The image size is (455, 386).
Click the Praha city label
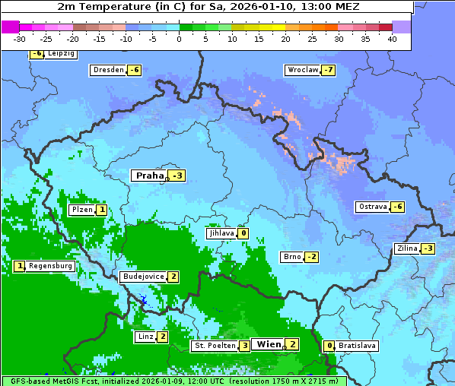point(149,176)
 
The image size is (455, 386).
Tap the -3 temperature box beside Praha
point(177,176)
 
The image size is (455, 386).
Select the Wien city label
point(269,344)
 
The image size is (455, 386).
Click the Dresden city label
point(108,70)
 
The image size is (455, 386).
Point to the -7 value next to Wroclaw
point(328,70)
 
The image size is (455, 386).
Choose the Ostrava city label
point(372,207)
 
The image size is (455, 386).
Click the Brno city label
point(291,257)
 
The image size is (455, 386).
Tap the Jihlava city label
point(221,233)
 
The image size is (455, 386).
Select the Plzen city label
point(81,210)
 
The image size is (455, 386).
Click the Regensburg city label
point(51,266)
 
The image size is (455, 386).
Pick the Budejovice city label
point(143,277)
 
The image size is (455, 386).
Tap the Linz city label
point(145,337)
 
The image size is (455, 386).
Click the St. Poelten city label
point(214,346)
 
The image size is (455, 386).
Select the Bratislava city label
point(358,346)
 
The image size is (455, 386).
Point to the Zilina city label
point(407,248)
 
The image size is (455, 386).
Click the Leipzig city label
point(60,54)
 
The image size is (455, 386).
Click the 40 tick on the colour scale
point(392,38)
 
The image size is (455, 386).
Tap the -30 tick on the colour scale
point(20,38)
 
